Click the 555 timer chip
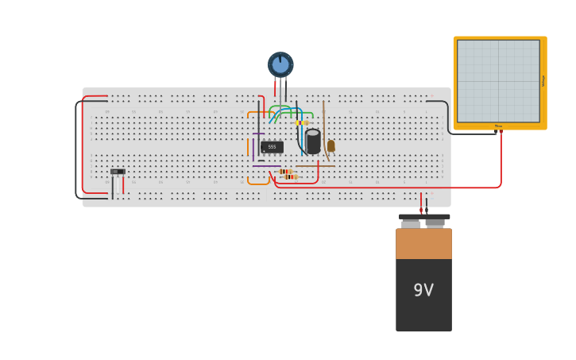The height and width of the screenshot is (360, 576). [x=272, y=147]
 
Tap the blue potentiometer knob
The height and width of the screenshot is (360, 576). [x=280, y=64]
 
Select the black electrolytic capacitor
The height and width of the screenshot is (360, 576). [x=313, y=141]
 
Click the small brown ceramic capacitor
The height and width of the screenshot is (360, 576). [x=331, y=146]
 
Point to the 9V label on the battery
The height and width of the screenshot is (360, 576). [x=423, y=290]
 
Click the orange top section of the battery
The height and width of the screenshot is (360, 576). [x=423, y=243]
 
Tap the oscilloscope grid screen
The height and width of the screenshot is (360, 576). [x=497, y=81]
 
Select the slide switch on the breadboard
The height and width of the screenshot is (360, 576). [x=118, y=172]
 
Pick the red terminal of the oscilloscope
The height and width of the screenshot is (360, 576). [x=501, y=132]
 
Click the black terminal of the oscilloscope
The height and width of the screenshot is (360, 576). [x=496, y=132]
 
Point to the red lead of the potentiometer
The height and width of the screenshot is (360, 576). [x=276, y=86]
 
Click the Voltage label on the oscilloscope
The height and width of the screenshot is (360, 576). [x=543, y=81]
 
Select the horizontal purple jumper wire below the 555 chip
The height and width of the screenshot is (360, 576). [x=266, y=166]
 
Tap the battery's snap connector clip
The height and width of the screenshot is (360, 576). [x=424, y=217]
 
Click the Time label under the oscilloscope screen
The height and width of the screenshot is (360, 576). [x=498, y=126]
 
